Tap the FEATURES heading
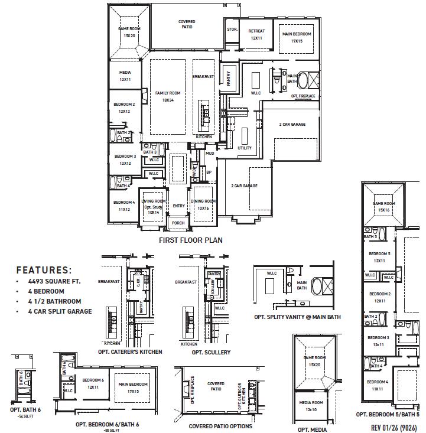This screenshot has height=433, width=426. pos(44,270)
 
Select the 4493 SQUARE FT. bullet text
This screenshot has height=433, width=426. pos(54,282)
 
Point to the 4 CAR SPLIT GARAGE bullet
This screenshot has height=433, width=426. pos(60,311)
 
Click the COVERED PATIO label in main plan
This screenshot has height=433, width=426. pos(187,24)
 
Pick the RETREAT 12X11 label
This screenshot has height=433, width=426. pos(256,34)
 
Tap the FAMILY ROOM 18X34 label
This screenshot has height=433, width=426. pos(168,96)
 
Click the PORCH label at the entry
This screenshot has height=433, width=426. pos(178,223)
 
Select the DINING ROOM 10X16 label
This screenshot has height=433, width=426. pos(203,204)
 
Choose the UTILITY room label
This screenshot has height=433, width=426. pos(245,148)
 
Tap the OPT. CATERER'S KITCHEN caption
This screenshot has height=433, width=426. pos(130,351)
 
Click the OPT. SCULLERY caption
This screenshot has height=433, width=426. pos(211,352)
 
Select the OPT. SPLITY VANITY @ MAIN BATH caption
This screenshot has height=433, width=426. pos(298,317)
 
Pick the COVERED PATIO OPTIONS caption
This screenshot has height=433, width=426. pos(220,426)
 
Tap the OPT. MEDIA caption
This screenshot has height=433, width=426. pos(313,429)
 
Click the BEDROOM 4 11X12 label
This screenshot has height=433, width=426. pos(123,206)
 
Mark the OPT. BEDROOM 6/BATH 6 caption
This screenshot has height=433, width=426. pos(107,424)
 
